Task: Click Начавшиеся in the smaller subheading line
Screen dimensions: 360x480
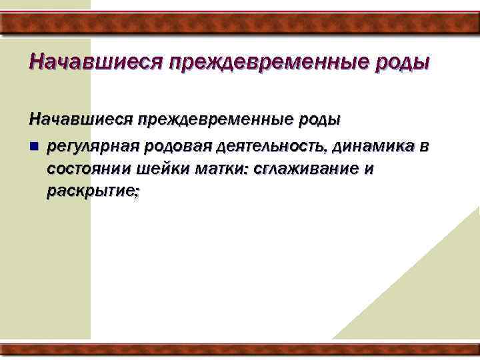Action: [x=79, y=119]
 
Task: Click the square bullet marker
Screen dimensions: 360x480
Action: [x=33, y=146]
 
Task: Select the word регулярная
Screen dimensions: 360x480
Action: [x=93, y=146]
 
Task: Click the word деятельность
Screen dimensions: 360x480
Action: [x=274, y=146]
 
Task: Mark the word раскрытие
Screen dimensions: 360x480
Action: [x=90, y=191]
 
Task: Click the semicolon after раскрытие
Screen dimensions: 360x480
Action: [x=137, y=193]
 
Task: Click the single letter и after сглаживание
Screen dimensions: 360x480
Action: [x=369, y=169]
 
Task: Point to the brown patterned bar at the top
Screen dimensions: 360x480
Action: [x=240, y=24]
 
